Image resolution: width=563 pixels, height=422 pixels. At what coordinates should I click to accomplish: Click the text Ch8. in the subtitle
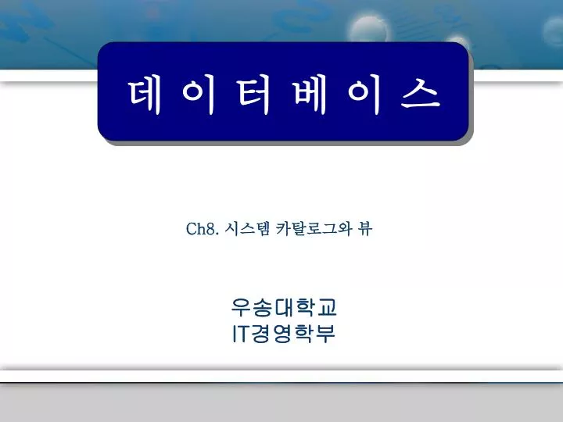coord(203,228)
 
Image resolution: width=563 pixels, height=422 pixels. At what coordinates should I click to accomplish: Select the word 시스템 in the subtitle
coord(247,228)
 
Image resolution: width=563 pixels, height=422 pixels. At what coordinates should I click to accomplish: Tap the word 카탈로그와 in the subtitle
coord(314,228)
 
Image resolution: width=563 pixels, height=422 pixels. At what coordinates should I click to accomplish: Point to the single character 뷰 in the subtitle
coord(365,228)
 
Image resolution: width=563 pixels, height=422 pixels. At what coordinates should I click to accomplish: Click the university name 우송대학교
coord(284,308)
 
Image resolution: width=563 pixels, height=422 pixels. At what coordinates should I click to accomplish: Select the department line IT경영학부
coord(284,334)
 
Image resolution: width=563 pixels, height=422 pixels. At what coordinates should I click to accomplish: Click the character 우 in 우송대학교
coord(242,308)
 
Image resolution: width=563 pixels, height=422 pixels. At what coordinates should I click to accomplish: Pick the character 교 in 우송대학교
coord(326,308)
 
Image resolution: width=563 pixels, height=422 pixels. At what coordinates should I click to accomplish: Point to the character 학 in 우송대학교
coord(305,308)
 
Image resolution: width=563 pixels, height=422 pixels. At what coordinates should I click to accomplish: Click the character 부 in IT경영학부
coord(325,334)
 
